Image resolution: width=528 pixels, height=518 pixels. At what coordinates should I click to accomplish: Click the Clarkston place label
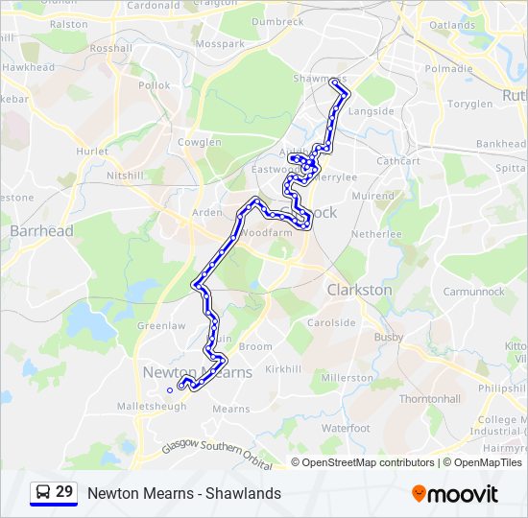click(359, 289)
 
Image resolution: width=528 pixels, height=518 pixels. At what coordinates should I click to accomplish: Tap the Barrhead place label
click(41, 230)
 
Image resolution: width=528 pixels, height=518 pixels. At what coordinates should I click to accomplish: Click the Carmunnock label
click(473, 291)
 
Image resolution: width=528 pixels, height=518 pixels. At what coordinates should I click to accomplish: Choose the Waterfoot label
click(346, 428)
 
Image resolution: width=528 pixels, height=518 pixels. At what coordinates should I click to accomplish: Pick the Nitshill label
click(125, 176)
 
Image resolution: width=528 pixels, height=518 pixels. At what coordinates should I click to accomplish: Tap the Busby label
click(389, 337)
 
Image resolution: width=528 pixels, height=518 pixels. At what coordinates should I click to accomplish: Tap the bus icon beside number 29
click(42, 493)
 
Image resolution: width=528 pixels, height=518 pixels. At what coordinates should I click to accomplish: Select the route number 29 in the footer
click(64, 492)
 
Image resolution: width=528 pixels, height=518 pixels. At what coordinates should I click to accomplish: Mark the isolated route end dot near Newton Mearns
click(170, 389)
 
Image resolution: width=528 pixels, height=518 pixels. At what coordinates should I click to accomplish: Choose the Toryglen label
click(469, 104)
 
